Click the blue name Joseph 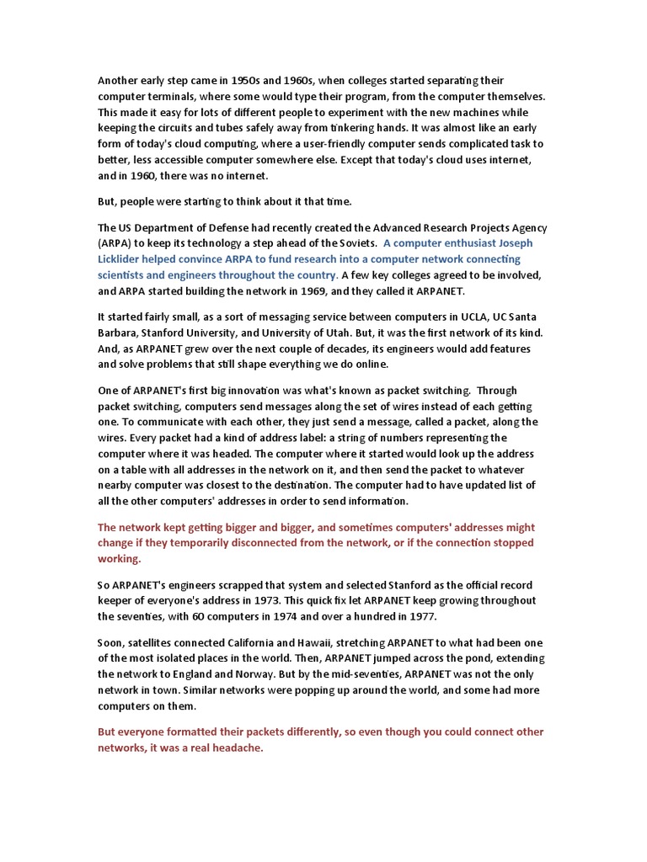514,243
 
